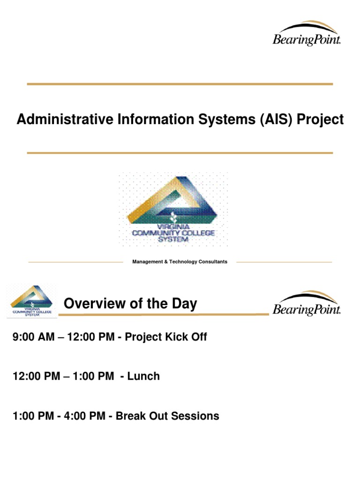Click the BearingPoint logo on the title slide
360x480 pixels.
[307, 34]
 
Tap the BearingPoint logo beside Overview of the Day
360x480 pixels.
[307, 303]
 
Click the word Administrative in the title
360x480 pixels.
[65, 119]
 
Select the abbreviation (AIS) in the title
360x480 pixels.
[276, 120]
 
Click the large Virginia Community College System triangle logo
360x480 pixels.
[173, 210]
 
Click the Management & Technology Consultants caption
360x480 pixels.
[180, 262]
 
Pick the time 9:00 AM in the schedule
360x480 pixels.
[33, 337]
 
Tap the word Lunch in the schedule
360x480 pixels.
[143, 376]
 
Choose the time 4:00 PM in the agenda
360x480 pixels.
[84, 416]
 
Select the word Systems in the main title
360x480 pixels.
[227, 120]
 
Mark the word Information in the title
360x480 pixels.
[156, 119]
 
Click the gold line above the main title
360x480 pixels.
[180, 84]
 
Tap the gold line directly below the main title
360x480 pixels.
[180, 153]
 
